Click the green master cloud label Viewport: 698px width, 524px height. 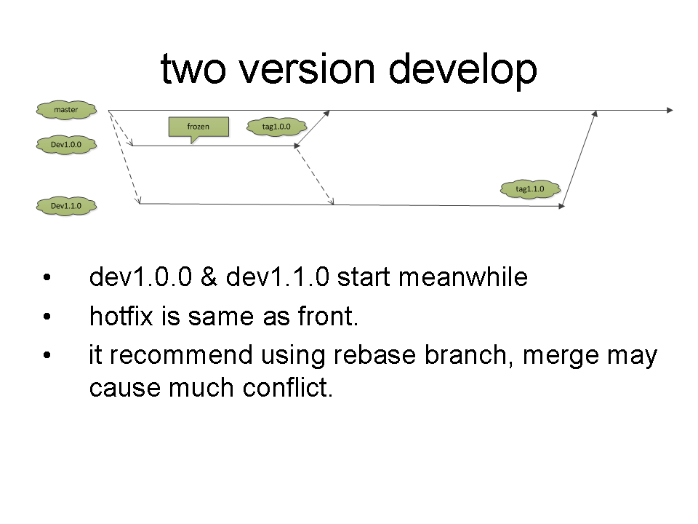[x=66, y=110]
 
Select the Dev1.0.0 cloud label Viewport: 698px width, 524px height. [x=65, y=145]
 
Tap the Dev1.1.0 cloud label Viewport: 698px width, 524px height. [x=65, y=207]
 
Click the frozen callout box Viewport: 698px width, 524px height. [x=198, y=127]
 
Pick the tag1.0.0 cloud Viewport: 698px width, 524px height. [x=276, y=127]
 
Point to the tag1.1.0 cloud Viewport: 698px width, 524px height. [x=530, y=189]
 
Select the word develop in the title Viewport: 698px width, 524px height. [x=462, y=70]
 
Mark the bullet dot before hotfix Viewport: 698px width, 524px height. [x=47, y=317]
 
